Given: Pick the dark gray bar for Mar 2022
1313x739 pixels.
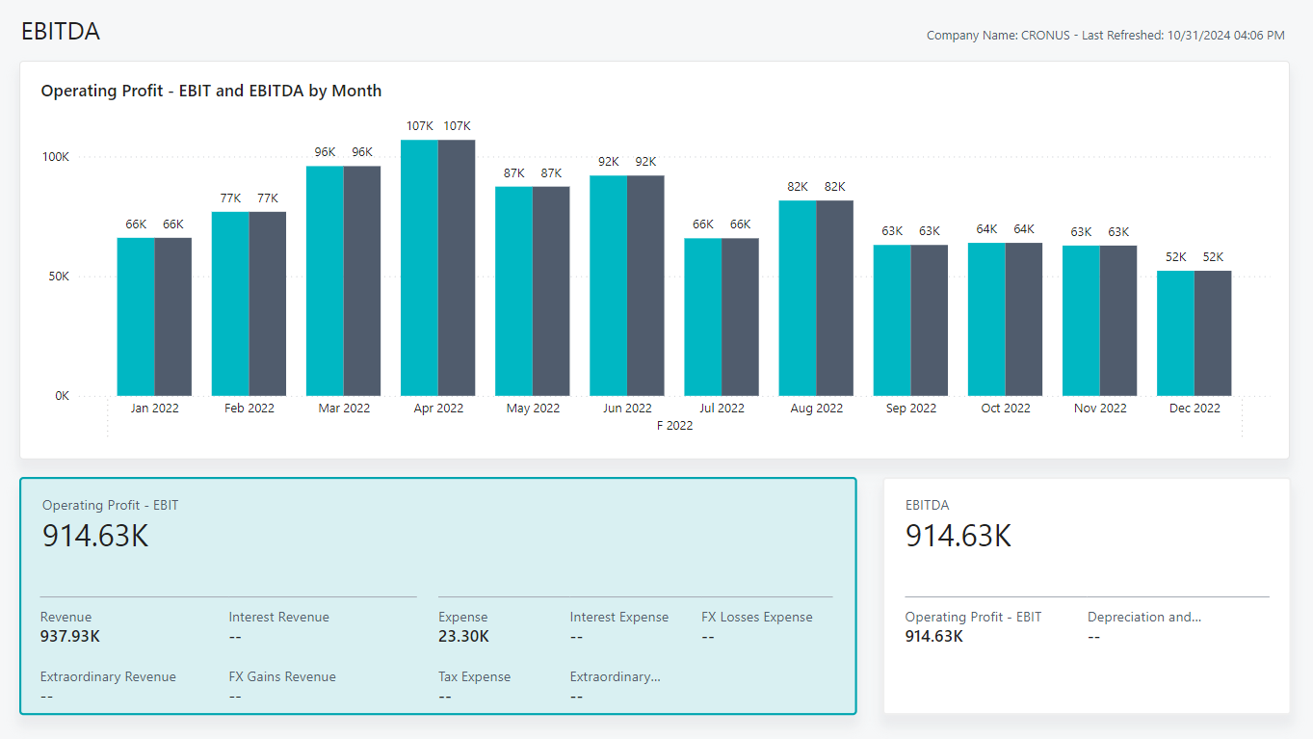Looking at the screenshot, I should [x=362, y=280].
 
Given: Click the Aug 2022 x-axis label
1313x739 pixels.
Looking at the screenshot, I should [x=816, y=409].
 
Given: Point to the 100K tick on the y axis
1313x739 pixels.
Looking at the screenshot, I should [x=54, y=157].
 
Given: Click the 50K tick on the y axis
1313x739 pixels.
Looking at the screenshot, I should [x=57, y=277].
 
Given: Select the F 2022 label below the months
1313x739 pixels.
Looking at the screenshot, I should [x=674, y=426].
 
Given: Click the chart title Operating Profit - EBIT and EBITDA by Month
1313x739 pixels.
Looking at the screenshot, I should [x=211, y=92].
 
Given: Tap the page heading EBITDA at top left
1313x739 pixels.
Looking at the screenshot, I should [x=61, y=32].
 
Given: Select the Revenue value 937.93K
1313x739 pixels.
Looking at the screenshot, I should [x=70, y=636].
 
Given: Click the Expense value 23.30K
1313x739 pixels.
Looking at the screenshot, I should [x=463, y=636].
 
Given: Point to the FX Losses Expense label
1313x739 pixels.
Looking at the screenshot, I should [x=756, y=617].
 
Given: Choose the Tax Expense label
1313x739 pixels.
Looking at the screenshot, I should [x=474, y=676].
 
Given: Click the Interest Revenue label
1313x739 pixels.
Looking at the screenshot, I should [x=278, y=617].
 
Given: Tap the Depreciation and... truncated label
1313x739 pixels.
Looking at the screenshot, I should [x=1143, y=617].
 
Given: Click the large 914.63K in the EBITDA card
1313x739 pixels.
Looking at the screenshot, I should [x=958, y=536].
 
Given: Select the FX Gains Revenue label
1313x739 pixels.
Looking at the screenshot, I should [x=282, y=676].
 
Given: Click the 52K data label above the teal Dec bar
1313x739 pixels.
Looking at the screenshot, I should [x=1175, y=257].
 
